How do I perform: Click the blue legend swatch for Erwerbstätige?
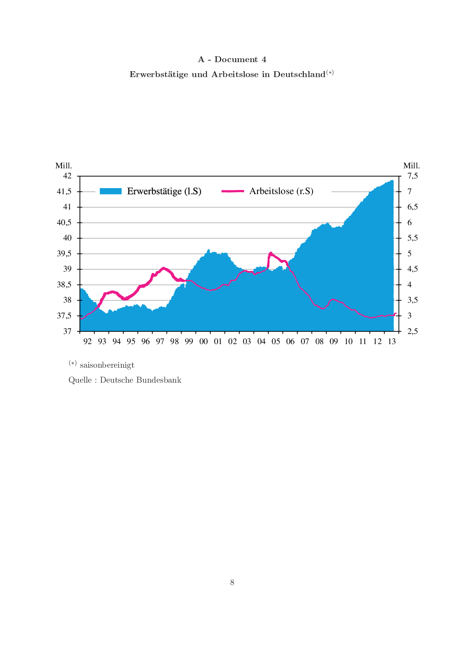[111, 191]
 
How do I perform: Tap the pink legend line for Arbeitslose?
[232, 191]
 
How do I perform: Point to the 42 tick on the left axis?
[67, 176]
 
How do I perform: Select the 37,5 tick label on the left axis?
[64, 316]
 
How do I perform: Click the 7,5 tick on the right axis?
[412, 176]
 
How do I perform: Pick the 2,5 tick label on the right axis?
[412, 331]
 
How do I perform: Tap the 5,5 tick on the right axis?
[412, 238]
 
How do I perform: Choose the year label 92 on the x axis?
[88, 341]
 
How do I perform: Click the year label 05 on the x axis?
[276, 341]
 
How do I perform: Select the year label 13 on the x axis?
[392, 341]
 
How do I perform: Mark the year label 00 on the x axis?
[203, 341]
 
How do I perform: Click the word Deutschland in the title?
[299, 74]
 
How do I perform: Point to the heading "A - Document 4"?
[232, 59]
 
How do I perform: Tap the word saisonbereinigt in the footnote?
[107, 365]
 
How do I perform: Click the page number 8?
[232, 582]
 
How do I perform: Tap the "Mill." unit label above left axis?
[64, 166]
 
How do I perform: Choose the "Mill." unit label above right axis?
[412, 166]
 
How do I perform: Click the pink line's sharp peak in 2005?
[271, 253]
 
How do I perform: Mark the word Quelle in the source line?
[79, 380]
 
